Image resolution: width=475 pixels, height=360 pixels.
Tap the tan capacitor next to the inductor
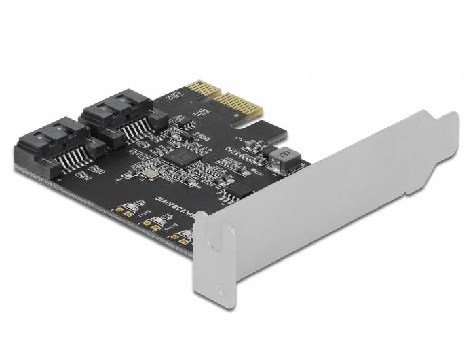(x=248, y=144)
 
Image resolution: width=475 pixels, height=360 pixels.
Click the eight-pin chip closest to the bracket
(x=233, y=195)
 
